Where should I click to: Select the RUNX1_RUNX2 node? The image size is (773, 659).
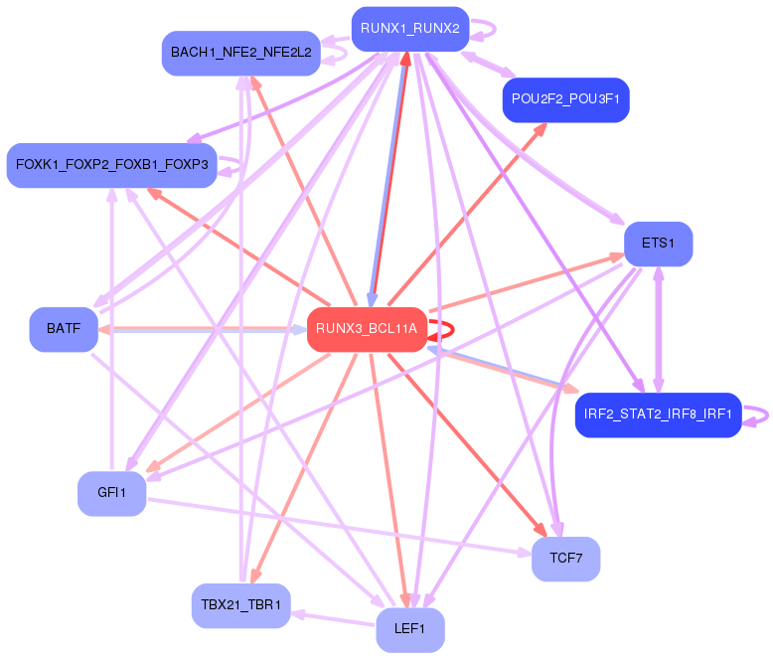(x=409, y=29)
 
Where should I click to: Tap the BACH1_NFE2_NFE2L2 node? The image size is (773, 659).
(x=240, y=53)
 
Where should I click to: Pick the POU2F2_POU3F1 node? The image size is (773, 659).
(x=566, y=100)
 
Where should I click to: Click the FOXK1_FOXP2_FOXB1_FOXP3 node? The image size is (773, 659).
(x=111, y=165)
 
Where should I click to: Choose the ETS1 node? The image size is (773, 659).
(x=658, y=244)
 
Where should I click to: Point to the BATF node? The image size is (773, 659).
(x=63, y=329)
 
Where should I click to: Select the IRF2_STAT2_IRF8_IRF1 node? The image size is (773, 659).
(x=658, y=414)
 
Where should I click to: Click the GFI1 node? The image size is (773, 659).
(x=111, y=494)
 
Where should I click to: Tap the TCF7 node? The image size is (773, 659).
(x=565, y=559)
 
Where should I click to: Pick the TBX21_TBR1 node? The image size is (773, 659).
(x=240, y=605)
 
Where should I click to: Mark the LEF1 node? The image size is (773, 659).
(x=409, y=629)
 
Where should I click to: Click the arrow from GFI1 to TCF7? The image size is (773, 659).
(x=338, y=526)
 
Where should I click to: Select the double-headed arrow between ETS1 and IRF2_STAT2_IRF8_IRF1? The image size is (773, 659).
(x=658, y=329)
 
